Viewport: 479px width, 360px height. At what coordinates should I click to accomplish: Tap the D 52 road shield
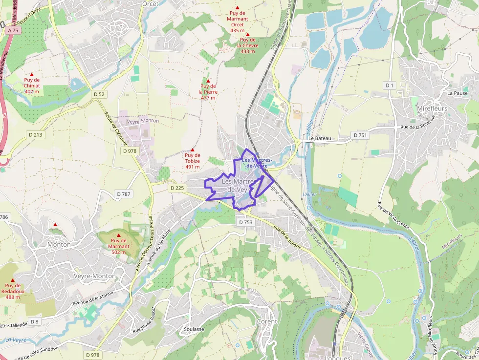(x=99, y=94)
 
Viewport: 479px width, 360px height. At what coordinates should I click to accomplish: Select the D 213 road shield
(x=34, y=134)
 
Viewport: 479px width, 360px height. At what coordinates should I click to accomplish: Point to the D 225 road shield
(x=177, y=188)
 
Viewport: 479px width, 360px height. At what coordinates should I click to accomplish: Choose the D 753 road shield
(x=246, y=222)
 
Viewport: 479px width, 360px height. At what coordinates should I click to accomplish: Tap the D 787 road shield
(x=124, y=194)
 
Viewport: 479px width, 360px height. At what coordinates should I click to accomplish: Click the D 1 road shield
(x=389, y=85)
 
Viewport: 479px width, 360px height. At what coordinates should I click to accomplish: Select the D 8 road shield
(x=34, y=321)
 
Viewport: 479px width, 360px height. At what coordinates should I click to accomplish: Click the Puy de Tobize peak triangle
(x=193, y=149)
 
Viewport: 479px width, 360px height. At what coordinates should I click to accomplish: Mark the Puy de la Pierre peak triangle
(x=208, y=81)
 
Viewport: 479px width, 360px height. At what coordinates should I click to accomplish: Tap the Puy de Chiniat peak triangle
(x=32, y=74)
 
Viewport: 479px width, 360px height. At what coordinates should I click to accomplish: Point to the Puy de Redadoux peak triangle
(x=13, y=280)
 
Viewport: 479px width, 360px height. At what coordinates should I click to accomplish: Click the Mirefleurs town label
(x=432, y=108)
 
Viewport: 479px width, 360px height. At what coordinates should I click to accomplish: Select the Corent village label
(x=267, y=321)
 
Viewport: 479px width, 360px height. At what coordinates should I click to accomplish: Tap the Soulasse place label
(x=194, y=329)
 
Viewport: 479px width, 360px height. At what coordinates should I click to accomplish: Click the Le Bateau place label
(x=320, y=138)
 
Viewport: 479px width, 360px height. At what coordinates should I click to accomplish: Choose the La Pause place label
(x=457, y=93)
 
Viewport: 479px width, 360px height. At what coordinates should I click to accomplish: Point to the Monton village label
(x=59, y=244)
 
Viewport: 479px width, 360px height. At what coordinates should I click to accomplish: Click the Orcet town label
(x=151, y=3)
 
